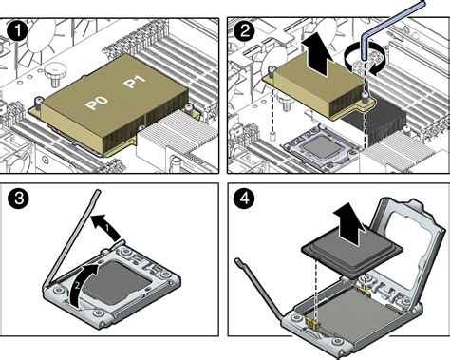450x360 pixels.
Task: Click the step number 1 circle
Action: click(18, 32)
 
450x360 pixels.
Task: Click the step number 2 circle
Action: click(244, 32)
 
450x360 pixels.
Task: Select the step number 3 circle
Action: click(18, 199)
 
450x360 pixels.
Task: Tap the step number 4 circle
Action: click(244, 199)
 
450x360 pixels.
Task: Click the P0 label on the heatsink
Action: click(97, 103)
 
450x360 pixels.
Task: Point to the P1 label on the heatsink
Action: click(135, 82)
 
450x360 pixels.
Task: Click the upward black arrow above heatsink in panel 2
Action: click(317, 56)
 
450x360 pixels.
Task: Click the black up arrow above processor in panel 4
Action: click(350, 224)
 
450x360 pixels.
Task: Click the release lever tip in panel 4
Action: click(238, 261)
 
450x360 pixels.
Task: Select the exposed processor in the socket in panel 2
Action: click(321, 147)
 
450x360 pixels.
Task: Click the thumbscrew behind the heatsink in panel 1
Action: click(54, 74)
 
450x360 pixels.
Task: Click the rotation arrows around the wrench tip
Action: click(366, 60)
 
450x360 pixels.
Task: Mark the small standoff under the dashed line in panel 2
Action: click(272, 137)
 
